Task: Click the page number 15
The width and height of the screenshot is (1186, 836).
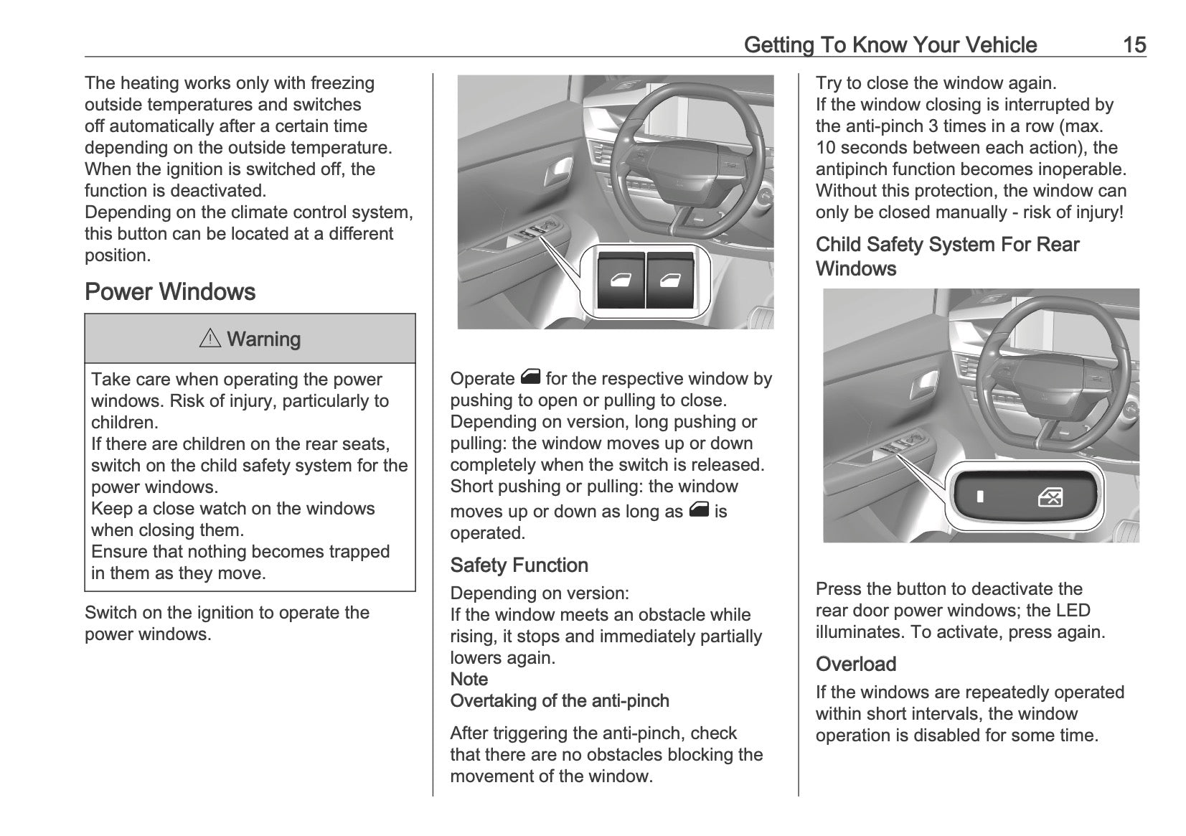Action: coord(1134,45)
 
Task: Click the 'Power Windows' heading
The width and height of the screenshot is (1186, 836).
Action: coord(170,292)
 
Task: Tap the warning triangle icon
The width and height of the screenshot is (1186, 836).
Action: coord(210,339)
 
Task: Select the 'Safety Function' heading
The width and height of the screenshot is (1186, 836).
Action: coord(519,565)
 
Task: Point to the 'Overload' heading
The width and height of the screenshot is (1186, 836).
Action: coord(856,664)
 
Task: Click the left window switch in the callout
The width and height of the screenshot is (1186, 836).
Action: coord(621,280)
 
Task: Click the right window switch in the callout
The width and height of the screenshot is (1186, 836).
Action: coord(670,280)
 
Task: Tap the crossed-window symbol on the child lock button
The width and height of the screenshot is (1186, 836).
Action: coord(1050,497)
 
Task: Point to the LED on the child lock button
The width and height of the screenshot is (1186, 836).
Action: coord(979,497)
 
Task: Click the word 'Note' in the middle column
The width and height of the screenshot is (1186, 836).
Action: coord(469,680)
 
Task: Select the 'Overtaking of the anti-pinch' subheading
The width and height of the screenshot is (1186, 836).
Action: coord(560,701)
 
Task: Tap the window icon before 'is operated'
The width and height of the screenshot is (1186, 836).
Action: coord(698,510)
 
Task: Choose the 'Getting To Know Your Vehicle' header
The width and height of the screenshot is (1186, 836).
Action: coord(890,45)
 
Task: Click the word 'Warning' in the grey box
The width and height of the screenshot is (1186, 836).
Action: coord(263,339)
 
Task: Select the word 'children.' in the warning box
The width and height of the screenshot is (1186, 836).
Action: coord(124,423)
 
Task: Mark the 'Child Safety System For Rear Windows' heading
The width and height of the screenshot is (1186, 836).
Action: coord(947,256)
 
